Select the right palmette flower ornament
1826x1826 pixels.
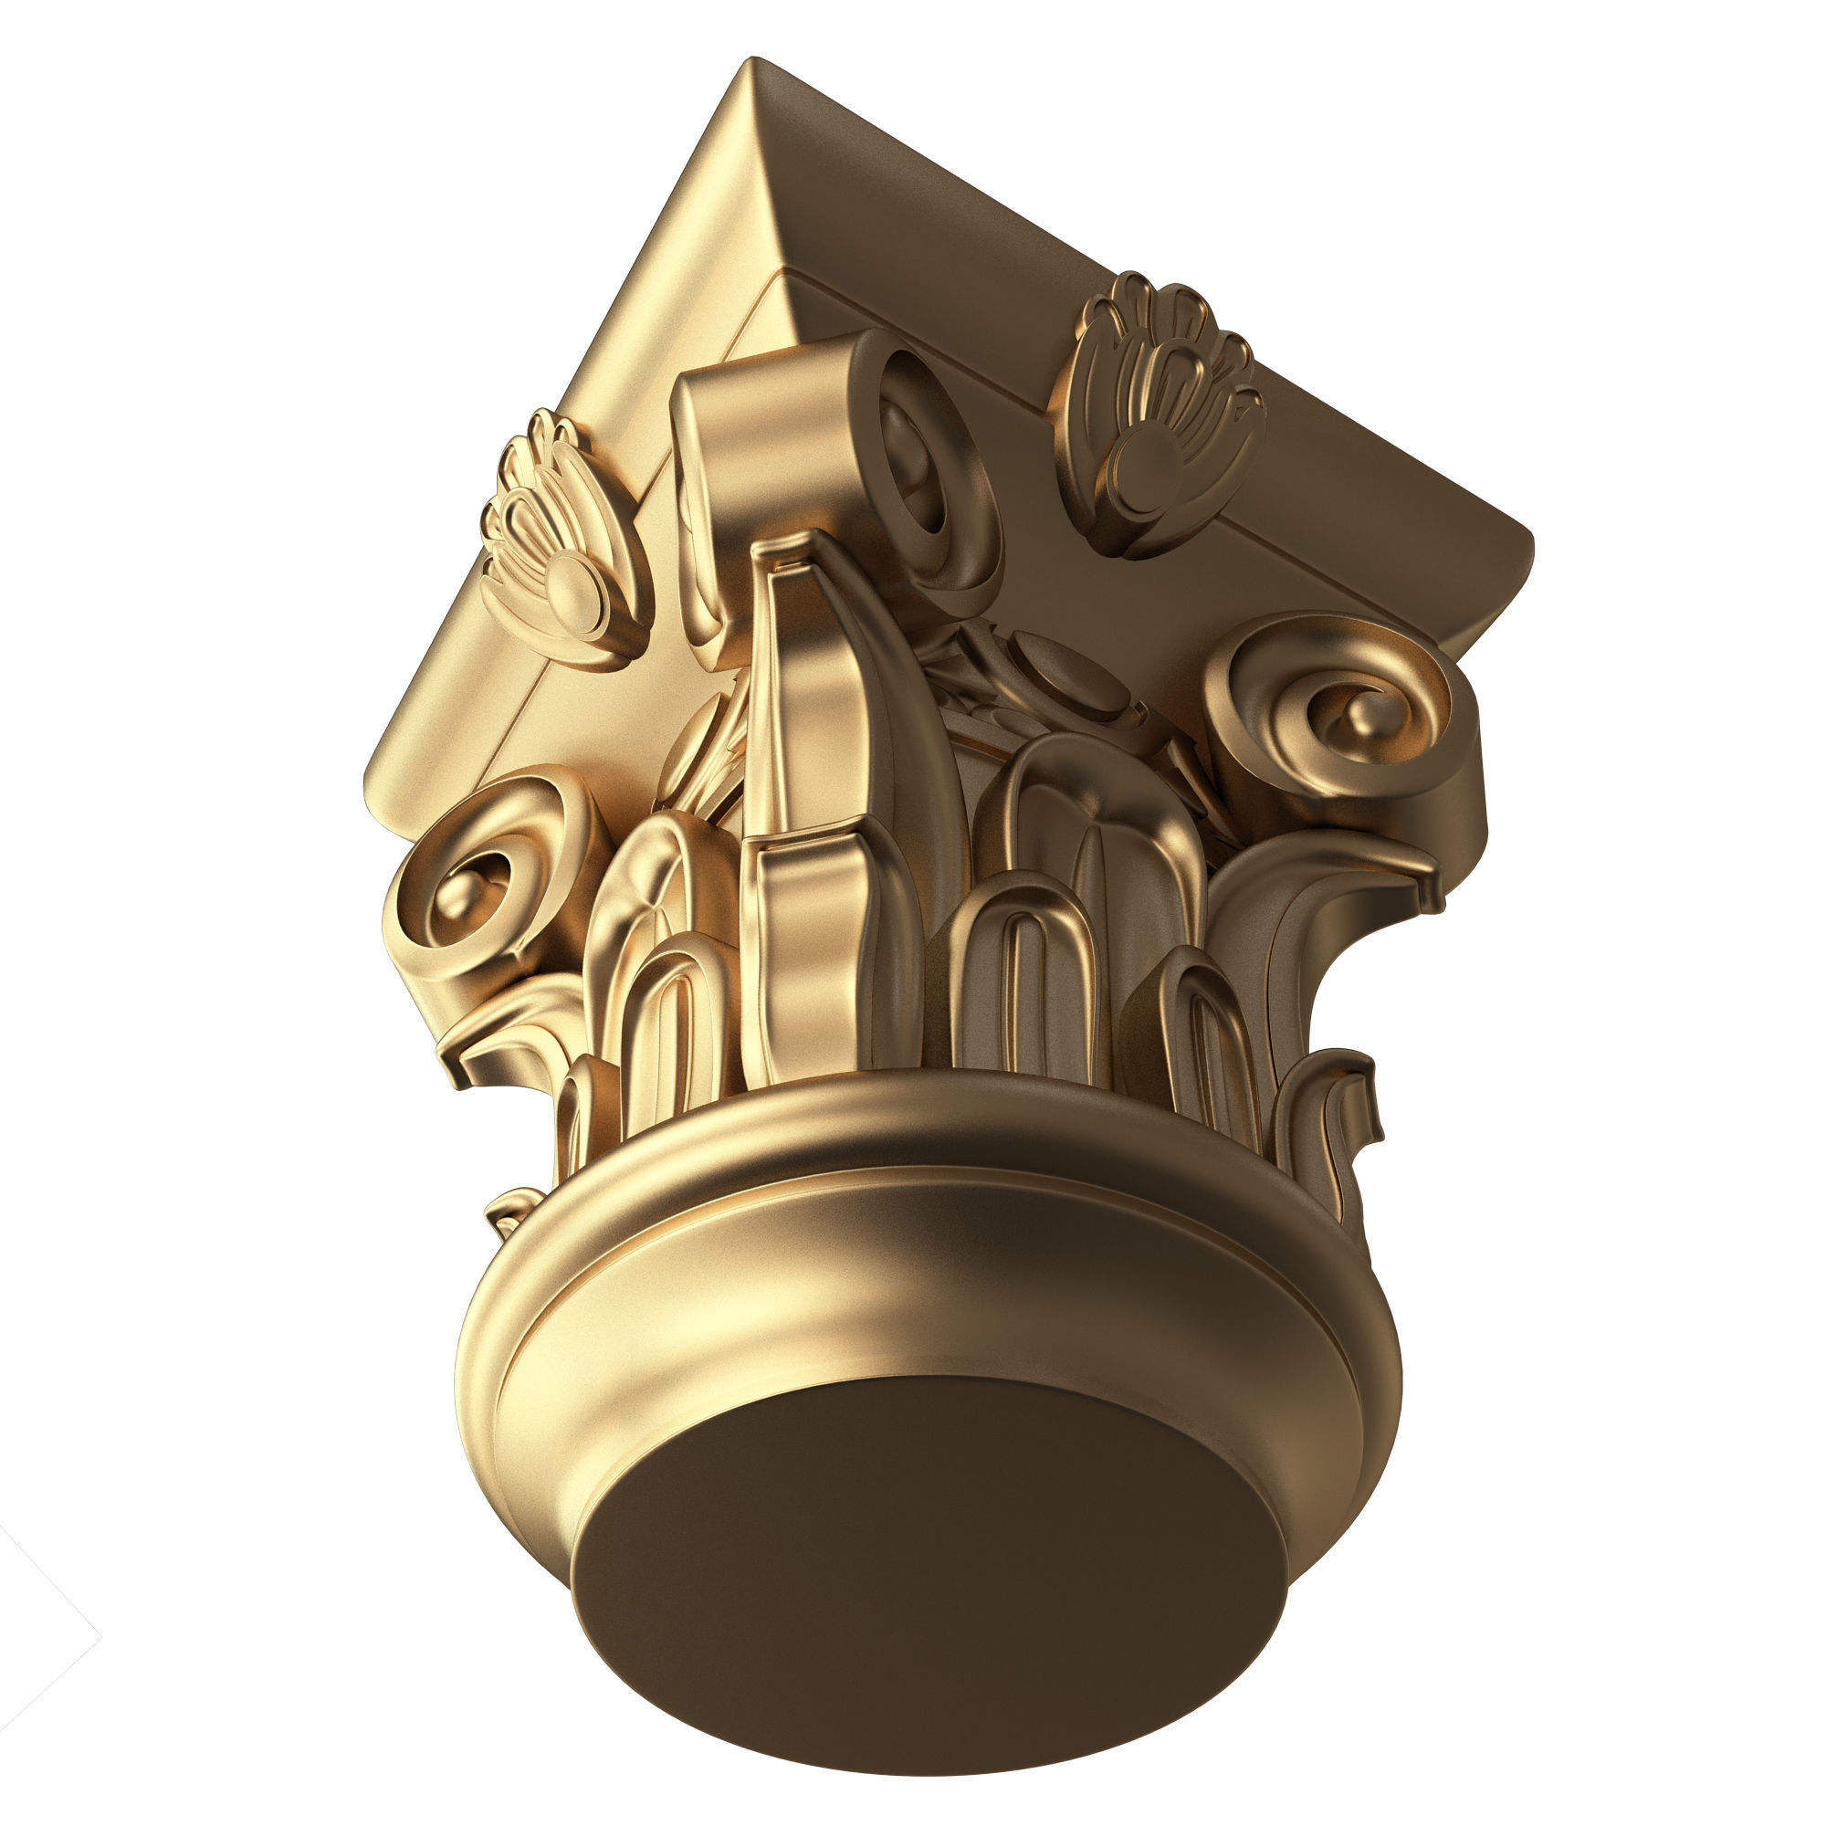click(1158, 415)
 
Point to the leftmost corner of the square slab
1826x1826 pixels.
click(369, 784)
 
